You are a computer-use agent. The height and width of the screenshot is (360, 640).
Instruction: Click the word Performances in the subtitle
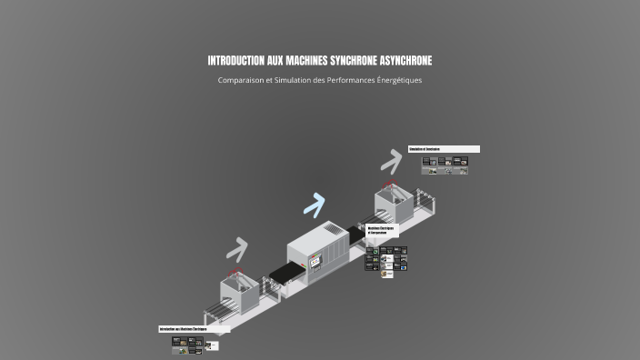click(349, 80)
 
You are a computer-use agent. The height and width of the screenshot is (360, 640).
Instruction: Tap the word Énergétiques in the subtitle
click(399, 80)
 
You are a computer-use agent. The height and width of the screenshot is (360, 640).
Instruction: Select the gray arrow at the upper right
click(390, 161)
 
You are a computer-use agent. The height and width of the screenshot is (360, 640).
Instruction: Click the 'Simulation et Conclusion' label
click(444, 149)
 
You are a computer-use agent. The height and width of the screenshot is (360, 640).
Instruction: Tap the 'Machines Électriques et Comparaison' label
click(383, 230)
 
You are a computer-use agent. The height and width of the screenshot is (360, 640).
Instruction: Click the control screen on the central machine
click(315, 261)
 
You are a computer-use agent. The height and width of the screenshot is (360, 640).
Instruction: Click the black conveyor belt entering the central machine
click(283, 270)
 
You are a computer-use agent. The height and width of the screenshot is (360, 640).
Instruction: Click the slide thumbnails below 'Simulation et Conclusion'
click(445, 165)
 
